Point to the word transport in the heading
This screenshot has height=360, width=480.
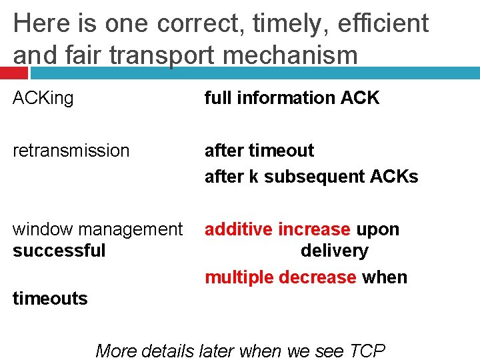pos(159,55)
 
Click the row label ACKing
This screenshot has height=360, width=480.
pos(43,98)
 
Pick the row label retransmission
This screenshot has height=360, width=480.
pos(71,151)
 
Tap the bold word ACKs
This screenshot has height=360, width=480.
pos(396,177)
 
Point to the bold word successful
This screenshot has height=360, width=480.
pos(59,251)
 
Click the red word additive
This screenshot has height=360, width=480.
pos(239,229)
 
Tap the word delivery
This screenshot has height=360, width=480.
pos(334,251)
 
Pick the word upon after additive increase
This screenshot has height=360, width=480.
pos(377,229)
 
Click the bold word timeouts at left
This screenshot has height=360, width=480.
pos(50,299)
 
